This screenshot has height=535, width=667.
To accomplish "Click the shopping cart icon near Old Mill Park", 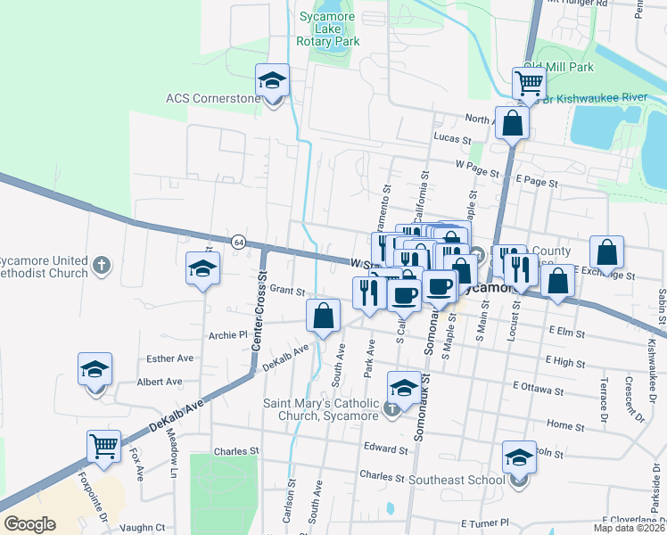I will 530,85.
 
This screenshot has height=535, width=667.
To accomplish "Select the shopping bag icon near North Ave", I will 514,123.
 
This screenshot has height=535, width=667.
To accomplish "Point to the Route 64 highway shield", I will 238,242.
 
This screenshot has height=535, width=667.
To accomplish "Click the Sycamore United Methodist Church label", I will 44,266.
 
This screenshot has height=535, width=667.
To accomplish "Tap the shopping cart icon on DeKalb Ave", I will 104,446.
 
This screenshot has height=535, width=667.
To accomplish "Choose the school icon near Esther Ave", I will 95,370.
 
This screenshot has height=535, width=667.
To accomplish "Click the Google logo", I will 29,524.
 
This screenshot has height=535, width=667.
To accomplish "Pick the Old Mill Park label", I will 558,67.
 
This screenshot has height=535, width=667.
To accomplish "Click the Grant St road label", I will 288,291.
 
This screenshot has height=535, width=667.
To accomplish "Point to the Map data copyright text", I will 629,528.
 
